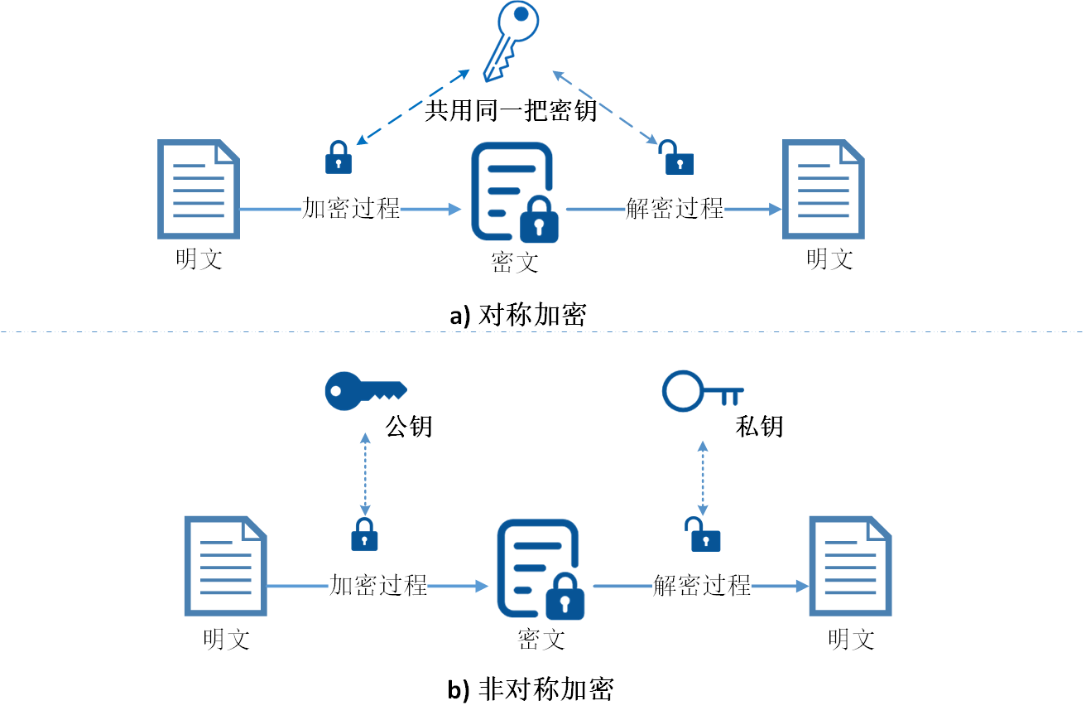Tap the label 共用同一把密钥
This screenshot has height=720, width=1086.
click(511, 110)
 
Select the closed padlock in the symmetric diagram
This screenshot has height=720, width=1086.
click(338, 157)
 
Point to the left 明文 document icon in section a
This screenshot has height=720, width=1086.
click(199, 190)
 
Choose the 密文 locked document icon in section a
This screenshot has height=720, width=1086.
click(514, 192)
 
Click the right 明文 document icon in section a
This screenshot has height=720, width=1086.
click(824, 190)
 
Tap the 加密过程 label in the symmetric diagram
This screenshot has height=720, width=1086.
click(351, 209)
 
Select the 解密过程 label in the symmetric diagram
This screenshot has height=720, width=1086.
click(675, 209)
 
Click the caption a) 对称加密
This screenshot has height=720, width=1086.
click(518, 315)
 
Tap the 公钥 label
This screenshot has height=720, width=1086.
click(409, 427)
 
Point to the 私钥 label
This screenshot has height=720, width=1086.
click(759, 427)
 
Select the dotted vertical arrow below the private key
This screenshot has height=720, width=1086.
click(703, 478)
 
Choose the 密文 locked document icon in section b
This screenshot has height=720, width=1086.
click(541, 570)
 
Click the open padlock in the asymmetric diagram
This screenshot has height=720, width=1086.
click(703, 534)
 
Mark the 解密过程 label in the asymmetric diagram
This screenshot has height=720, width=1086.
click(702, 586)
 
